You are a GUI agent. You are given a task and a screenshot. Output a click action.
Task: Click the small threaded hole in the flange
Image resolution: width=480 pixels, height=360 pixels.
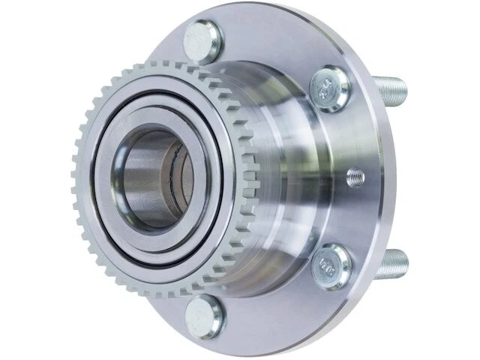click(x=357, y=178)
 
